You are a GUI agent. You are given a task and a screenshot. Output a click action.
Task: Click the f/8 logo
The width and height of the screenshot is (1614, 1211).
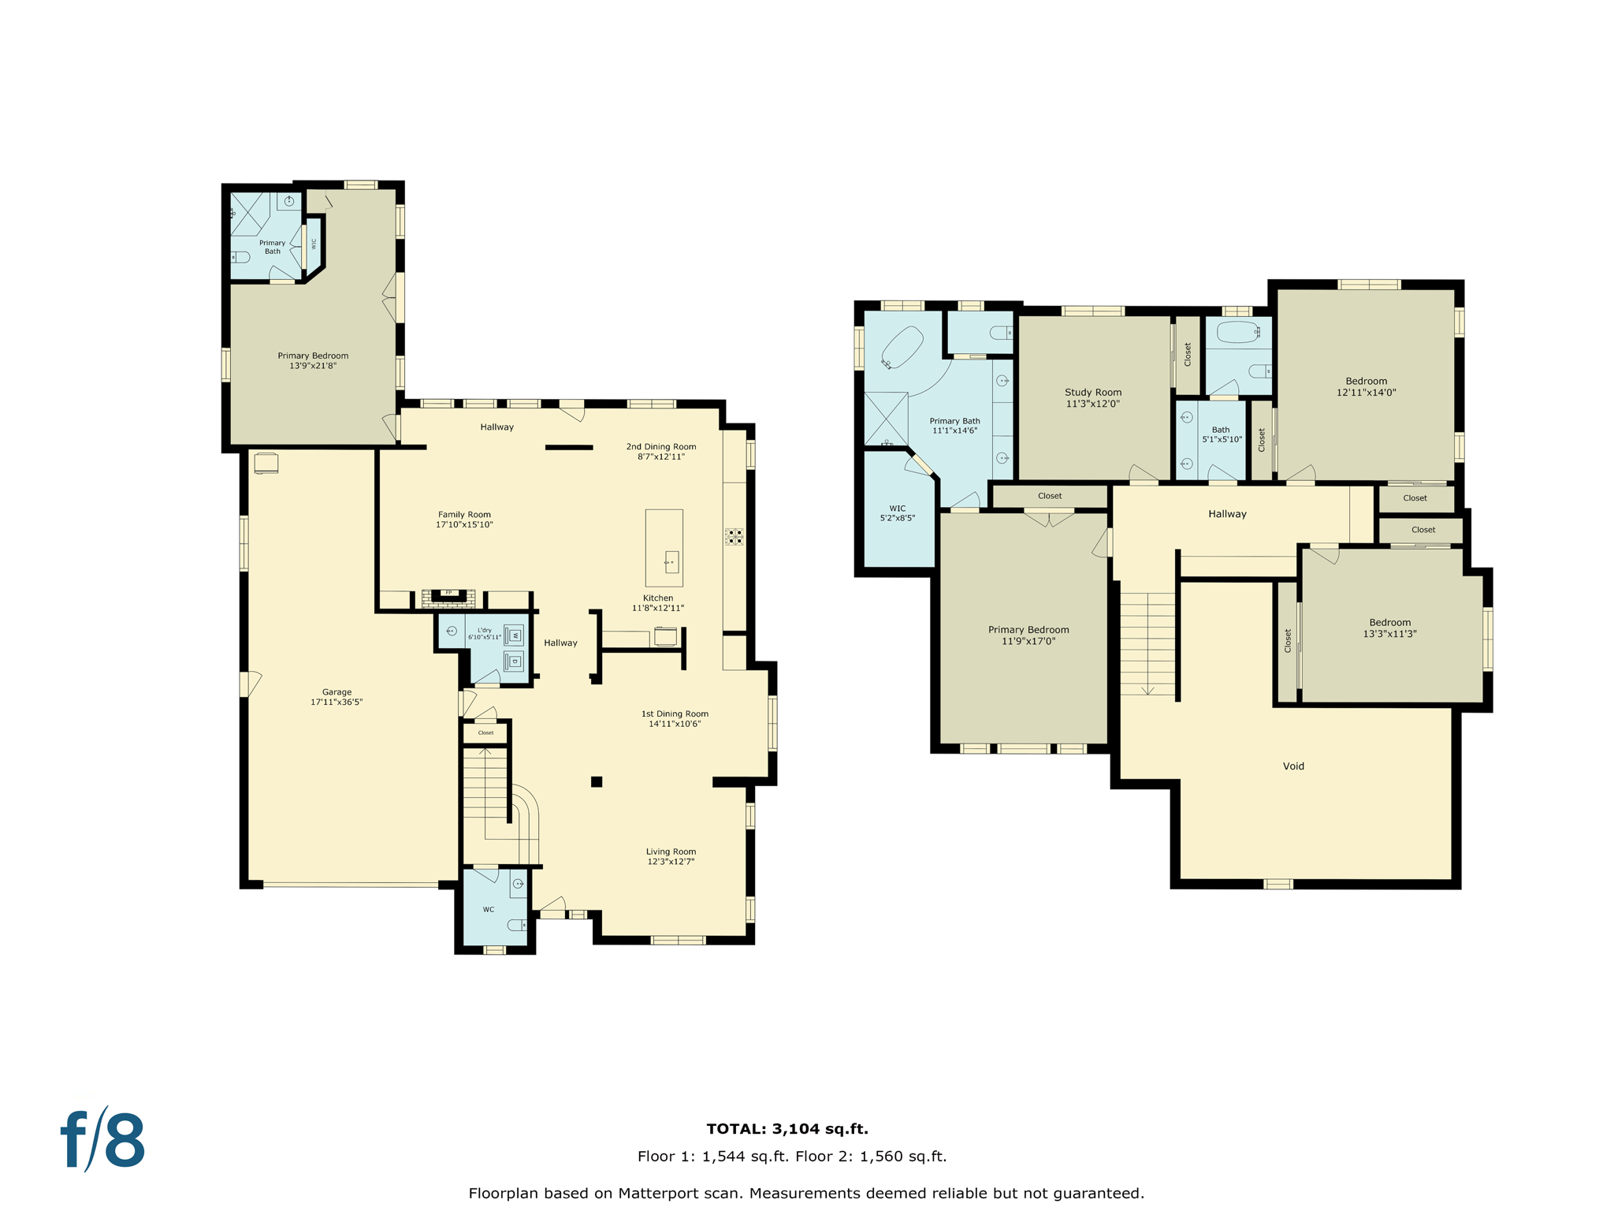[103, 1140]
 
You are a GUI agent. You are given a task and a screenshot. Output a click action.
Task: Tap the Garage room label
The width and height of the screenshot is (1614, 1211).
[337, 692]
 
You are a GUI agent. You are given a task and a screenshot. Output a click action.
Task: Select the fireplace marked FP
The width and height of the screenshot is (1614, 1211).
[448, 598]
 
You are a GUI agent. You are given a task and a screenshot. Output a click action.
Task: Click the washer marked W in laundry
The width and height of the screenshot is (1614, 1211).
[514, 635]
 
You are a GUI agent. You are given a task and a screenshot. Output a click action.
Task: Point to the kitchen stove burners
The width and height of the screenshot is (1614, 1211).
[734, 537]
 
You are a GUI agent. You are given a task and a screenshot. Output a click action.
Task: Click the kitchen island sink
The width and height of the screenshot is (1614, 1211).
[671, 562]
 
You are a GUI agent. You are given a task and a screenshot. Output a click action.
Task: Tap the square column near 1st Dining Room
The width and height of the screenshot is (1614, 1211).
[597, 781]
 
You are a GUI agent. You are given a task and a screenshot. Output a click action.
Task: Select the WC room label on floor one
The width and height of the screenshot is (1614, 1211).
[489, 909]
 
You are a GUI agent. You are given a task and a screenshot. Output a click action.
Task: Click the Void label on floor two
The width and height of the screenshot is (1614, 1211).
[1293, 766]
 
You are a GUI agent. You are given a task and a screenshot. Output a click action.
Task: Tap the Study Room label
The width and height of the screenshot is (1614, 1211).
[1092, 392]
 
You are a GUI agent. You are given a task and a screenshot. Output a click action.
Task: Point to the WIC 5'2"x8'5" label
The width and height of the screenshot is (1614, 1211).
[897, 513]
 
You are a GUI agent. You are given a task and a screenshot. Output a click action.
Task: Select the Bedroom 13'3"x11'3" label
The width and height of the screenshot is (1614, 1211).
[1389, 628]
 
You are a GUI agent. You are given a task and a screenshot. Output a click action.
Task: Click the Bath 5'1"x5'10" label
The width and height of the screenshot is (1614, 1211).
[1221, 434]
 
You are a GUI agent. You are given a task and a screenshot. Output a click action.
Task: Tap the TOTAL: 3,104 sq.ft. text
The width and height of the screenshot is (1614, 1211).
[787, 1128]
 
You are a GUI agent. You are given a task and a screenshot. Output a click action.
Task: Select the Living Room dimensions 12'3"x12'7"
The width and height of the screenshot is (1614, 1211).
[671, 862]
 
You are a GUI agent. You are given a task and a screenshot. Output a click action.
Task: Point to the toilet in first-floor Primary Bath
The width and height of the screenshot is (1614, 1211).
[240, 257]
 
